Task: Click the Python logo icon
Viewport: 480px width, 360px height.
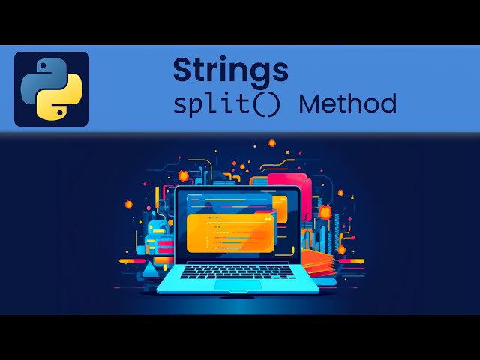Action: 51,88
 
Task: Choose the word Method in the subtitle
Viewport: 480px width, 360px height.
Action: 348,103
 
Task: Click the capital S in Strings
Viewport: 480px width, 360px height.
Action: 182,70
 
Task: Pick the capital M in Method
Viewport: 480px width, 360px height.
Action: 310,103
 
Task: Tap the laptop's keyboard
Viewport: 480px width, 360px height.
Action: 238,271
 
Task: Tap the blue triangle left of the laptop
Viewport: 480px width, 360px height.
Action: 150,268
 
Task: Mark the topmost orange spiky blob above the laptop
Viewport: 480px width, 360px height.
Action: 272,142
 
